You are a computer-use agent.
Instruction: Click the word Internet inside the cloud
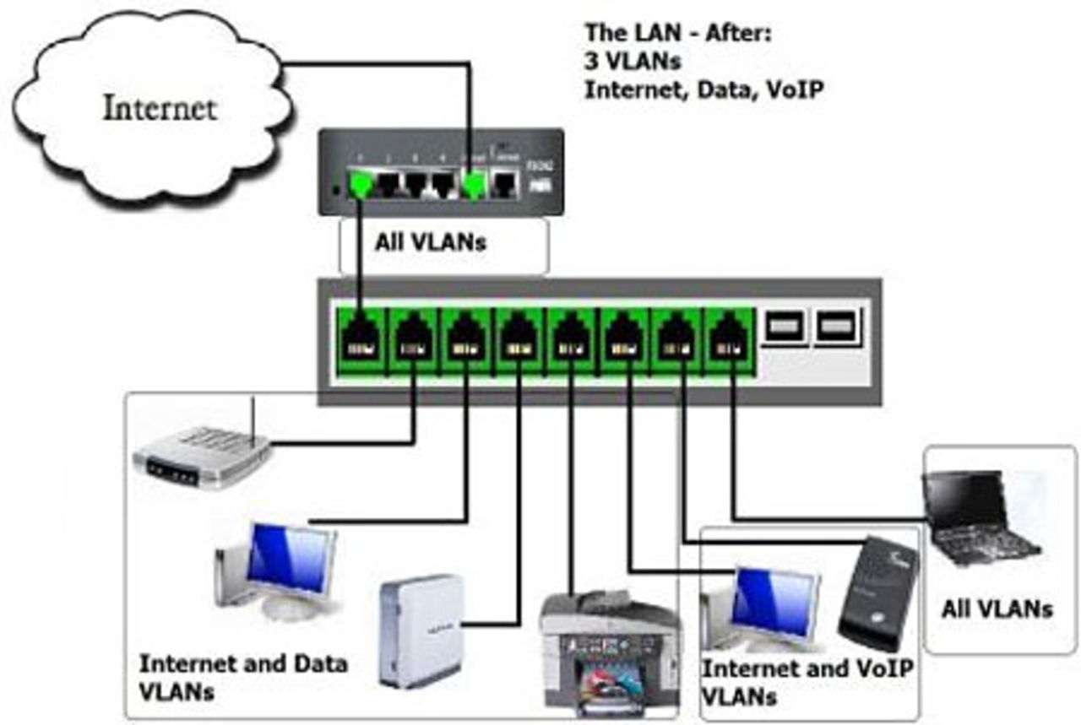point(159,108)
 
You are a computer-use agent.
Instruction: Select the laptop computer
point(980,518)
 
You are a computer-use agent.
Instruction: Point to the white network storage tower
point(421,629)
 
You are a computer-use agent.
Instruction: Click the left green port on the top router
point(361,183)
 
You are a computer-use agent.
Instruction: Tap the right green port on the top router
point(475,183)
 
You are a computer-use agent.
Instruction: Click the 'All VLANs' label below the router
point(431,243)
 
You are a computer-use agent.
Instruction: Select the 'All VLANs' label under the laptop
point(997,609)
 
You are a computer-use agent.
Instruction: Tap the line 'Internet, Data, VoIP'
point(703,89)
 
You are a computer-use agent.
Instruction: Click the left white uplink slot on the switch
point(783,327)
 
